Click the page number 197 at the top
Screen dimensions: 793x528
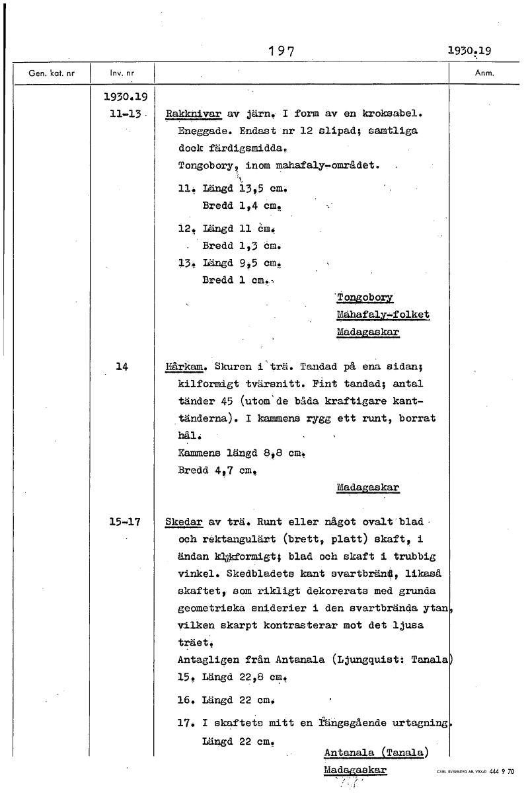[x=280, y=51]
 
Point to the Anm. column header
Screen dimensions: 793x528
[x=485, y=73]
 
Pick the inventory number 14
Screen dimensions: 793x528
[x=121, y=366]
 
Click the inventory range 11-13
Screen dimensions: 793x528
[x=127, y=114]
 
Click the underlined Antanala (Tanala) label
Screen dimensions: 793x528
[x=376, y=752]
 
